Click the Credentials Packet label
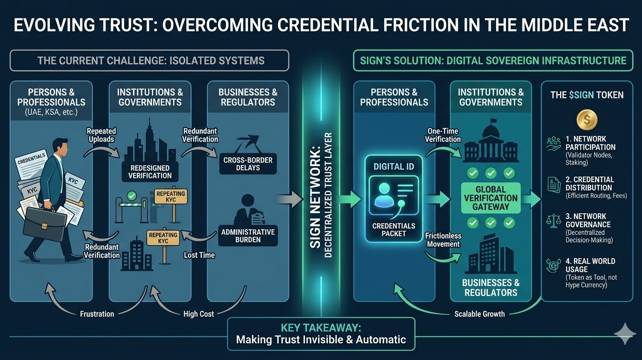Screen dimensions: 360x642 pyautogui.click(x=393, y=230)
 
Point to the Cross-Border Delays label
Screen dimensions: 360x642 pyautogui.click(x=248, y=164)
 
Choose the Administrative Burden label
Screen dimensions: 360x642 pyautogui.click(x=248, y=236)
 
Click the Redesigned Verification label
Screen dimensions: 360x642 pyautogui.click(x=150, y=172)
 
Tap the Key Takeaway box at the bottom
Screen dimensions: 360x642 pyautogui.click(x=321, y=334)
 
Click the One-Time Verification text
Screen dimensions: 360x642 pyautogui.click(x=443, y=135)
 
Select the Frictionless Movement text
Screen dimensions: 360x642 pyautogui.click(x=442, y=240)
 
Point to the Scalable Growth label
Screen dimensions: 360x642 pyautogui.click(x=479, y=314)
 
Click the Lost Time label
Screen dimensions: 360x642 pyautogui.click(x=199, y=255)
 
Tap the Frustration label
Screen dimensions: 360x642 pyautogui.click(x=97, y=314)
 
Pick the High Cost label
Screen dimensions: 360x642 pyautogui.click(x=198, y=314)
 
